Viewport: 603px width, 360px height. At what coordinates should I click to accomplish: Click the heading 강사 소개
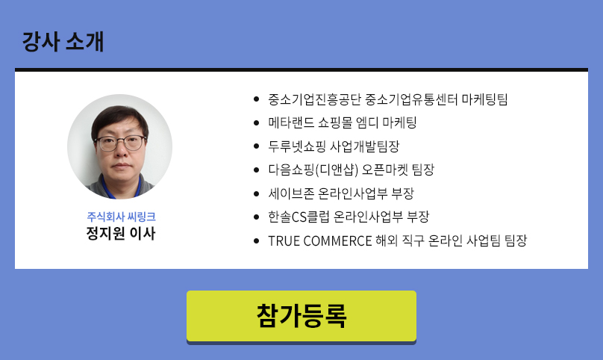pyautogui.click(x=63, y=41)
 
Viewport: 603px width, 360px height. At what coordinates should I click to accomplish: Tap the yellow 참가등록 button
pyautogui.click(x=301, y=316)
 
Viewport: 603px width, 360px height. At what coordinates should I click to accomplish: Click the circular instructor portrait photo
pyautogui.click(x=119, y=146)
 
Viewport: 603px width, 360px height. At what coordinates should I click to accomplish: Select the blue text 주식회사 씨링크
pyautogui.click(x=121, y=217)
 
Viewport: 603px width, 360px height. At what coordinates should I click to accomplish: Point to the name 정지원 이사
pyautogui.click(x=121, y=233)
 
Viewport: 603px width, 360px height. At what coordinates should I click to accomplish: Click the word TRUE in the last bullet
pyautogui.click(x=284, y=241)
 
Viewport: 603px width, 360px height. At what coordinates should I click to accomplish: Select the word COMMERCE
pyautogui.click(x=337, y=241)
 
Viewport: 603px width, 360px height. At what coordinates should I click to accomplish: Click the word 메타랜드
pyautogui.click(x=291, y=122)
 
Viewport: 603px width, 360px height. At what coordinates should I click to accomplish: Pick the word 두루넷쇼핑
pyautogui.click(x=297, y=146)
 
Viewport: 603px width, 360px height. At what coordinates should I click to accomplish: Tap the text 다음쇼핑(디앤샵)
pyautogui.click(x=313, y=170)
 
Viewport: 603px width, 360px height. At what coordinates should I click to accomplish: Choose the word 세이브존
pyautogui.click(x=291, y=193)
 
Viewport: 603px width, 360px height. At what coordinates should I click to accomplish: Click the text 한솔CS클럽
pyautogui.click(x=299, y=217)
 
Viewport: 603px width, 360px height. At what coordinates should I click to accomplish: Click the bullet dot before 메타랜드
pyautogui.click(x=257, y=122)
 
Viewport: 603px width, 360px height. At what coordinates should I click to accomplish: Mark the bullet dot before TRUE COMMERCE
pyautogui.click(x=257, y=241)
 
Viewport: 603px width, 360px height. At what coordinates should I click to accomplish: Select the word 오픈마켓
pyautogui.click(x=385, y=170)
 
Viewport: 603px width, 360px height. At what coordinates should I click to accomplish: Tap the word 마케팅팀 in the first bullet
pyautogui.click(x=484, y=99)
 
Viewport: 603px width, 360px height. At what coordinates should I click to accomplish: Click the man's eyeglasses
pyautogui.click(x=120, y=143)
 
